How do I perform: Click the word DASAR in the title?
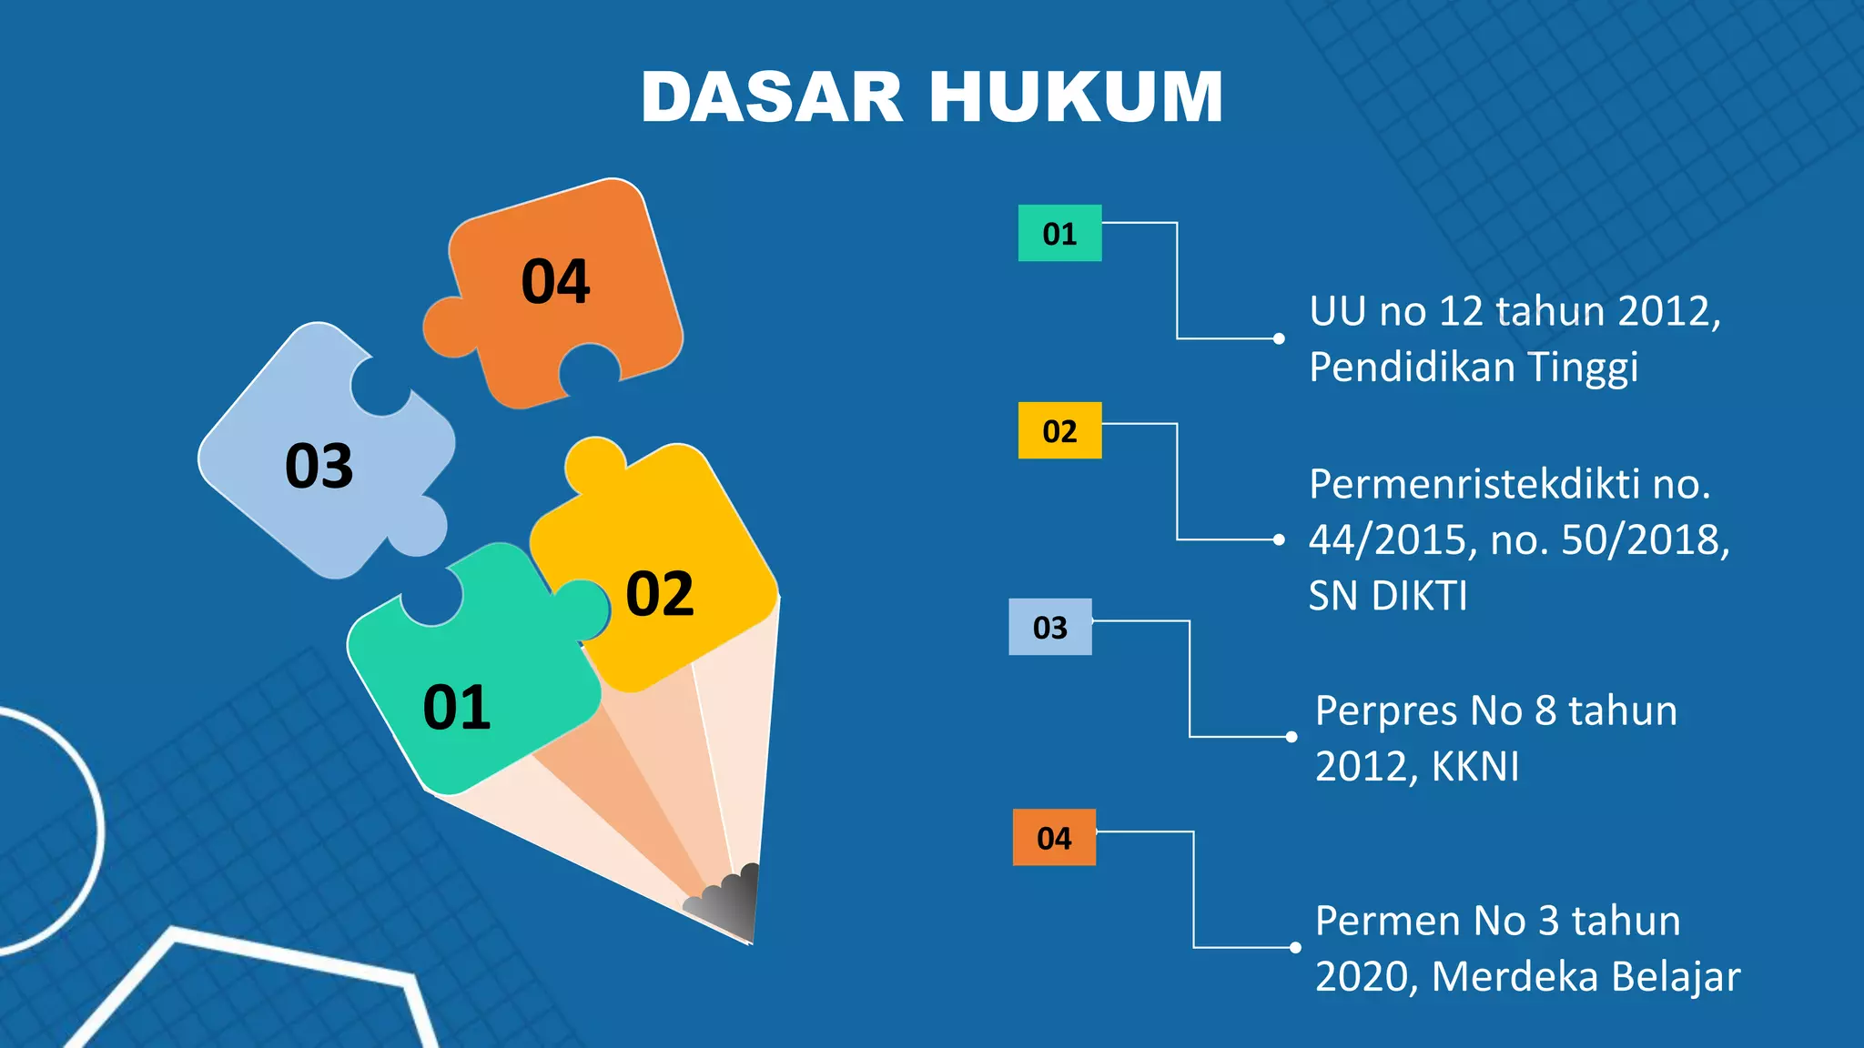[772, 96]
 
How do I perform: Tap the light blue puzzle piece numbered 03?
[319, 466]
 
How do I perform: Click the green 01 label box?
[1059, 234]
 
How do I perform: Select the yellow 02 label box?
[1059, 430]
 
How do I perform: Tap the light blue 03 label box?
[1049, 627]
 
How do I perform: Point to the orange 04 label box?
[1054, 837]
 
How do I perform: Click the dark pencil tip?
[733, 905]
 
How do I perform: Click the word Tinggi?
[1583, 368]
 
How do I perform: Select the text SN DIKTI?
[1388, 597]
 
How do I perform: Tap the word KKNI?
[1475, 767]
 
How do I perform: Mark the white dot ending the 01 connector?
[1279, 338]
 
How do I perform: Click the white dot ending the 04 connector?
[1295, 948]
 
